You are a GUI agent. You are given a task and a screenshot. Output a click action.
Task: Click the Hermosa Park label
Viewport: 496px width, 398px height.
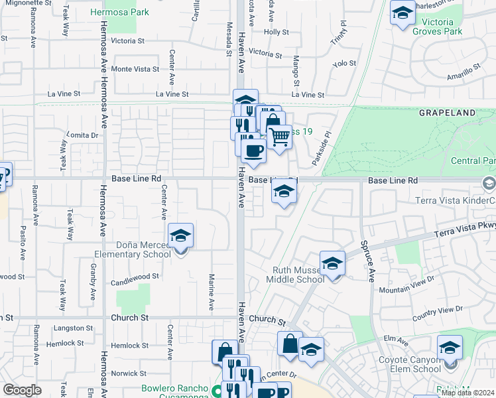[x=129, y=12]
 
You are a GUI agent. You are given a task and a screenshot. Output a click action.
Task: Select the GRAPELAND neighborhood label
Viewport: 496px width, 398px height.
[x=448, y=113]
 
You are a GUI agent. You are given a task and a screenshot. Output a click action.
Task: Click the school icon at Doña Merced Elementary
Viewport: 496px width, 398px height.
[x=180, y=236]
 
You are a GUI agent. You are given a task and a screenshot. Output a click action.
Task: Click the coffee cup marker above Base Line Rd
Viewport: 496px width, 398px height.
[x=253, y=150]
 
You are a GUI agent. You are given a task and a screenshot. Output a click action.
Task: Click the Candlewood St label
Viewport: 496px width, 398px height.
[x=137, y=276]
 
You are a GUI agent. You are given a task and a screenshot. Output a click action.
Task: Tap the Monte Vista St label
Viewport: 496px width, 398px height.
[x=135, y=69]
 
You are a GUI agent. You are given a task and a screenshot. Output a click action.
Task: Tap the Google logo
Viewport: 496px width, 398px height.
[x=22, y=390]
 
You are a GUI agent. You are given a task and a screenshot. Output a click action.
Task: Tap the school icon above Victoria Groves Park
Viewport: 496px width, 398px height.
[x=402, y=13]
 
